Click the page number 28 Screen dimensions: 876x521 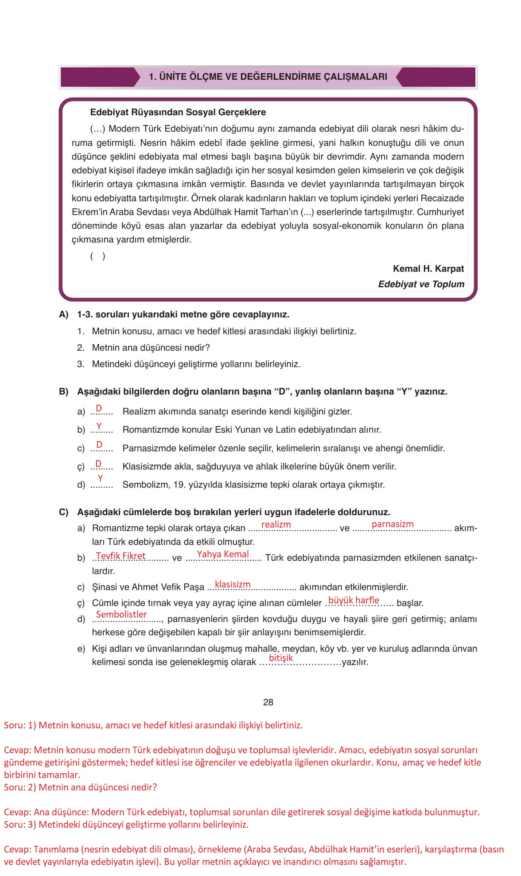pos(268,702)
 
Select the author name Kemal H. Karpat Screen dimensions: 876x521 pos(428,269)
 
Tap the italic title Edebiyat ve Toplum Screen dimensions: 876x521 pos(421,284)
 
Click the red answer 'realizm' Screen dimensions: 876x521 pos(276,524)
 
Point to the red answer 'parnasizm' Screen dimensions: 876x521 pos(393,524)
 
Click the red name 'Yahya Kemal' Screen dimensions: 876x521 pos(223,554)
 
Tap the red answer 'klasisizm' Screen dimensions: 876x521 pos(233,584)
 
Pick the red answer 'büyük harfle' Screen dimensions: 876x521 pos(354,600)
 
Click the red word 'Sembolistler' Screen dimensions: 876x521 pos(121,614)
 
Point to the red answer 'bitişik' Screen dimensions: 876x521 pos(281,658)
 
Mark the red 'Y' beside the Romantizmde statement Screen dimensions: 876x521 pos(99,426)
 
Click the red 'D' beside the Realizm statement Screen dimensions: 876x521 pos(99,408)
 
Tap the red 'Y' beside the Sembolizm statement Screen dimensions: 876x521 pos(101,478)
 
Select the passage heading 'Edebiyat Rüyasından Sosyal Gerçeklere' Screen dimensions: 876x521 pos(178,112)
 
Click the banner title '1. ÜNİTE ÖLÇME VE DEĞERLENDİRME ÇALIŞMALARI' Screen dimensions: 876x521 pos(268,77)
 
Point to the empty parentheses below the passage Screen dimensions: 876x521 pos(98,256)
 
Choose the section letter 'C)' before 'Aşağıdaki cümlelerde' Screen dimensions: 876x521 pos(64,512)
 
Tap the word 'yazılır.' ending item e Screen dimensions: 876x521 pos(355,662)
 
